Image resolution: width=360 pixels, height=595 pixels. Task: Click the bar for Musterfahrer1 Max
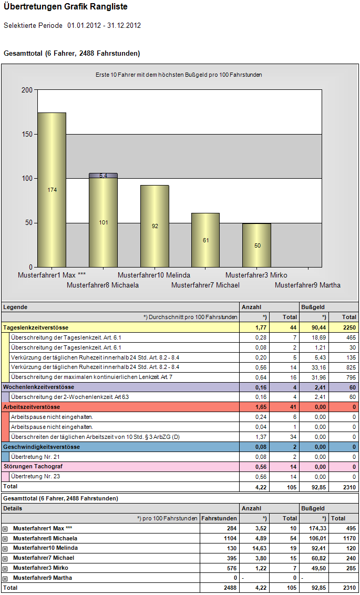click(x=52, y=190)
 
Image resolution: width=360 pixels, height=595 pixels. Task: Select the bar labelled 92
click(x=155, y=226)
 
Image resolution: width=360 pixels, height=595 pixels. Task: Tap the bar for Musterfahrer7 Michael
click(x=205, y=240)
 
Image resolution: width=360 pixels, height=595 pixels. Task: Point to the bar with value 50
click(x=257, y=245)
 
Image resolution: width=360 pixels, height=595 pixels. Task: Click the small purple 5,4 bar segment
click(x=103, y=176)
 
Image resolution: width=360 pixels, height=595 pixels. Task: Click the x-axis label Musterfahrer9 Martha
click(x=307, y=285)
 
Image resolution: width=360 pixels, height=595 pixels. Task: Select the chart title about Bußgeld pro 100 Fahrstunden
click(x=179, y=75)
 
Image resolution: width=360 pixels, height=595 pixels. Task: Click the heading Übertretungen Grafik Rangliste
click(x=66, y=6)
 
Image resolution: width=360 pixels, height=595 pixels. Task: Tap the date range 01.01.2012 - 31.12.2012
click(x=104, y=26)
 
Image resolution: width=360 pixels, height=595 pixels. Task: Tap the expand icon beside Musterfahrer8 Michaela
click(x=5, y=538)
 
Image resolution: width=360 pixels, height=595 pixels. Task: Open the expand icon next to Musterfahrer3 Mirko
click(x=5, y=568)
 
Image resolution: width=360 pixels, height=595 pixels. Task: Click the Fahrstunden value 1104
click(x=230, y=538)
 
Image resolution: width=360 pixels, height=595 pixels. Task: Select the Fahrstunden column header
click(x=219, y=518)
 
